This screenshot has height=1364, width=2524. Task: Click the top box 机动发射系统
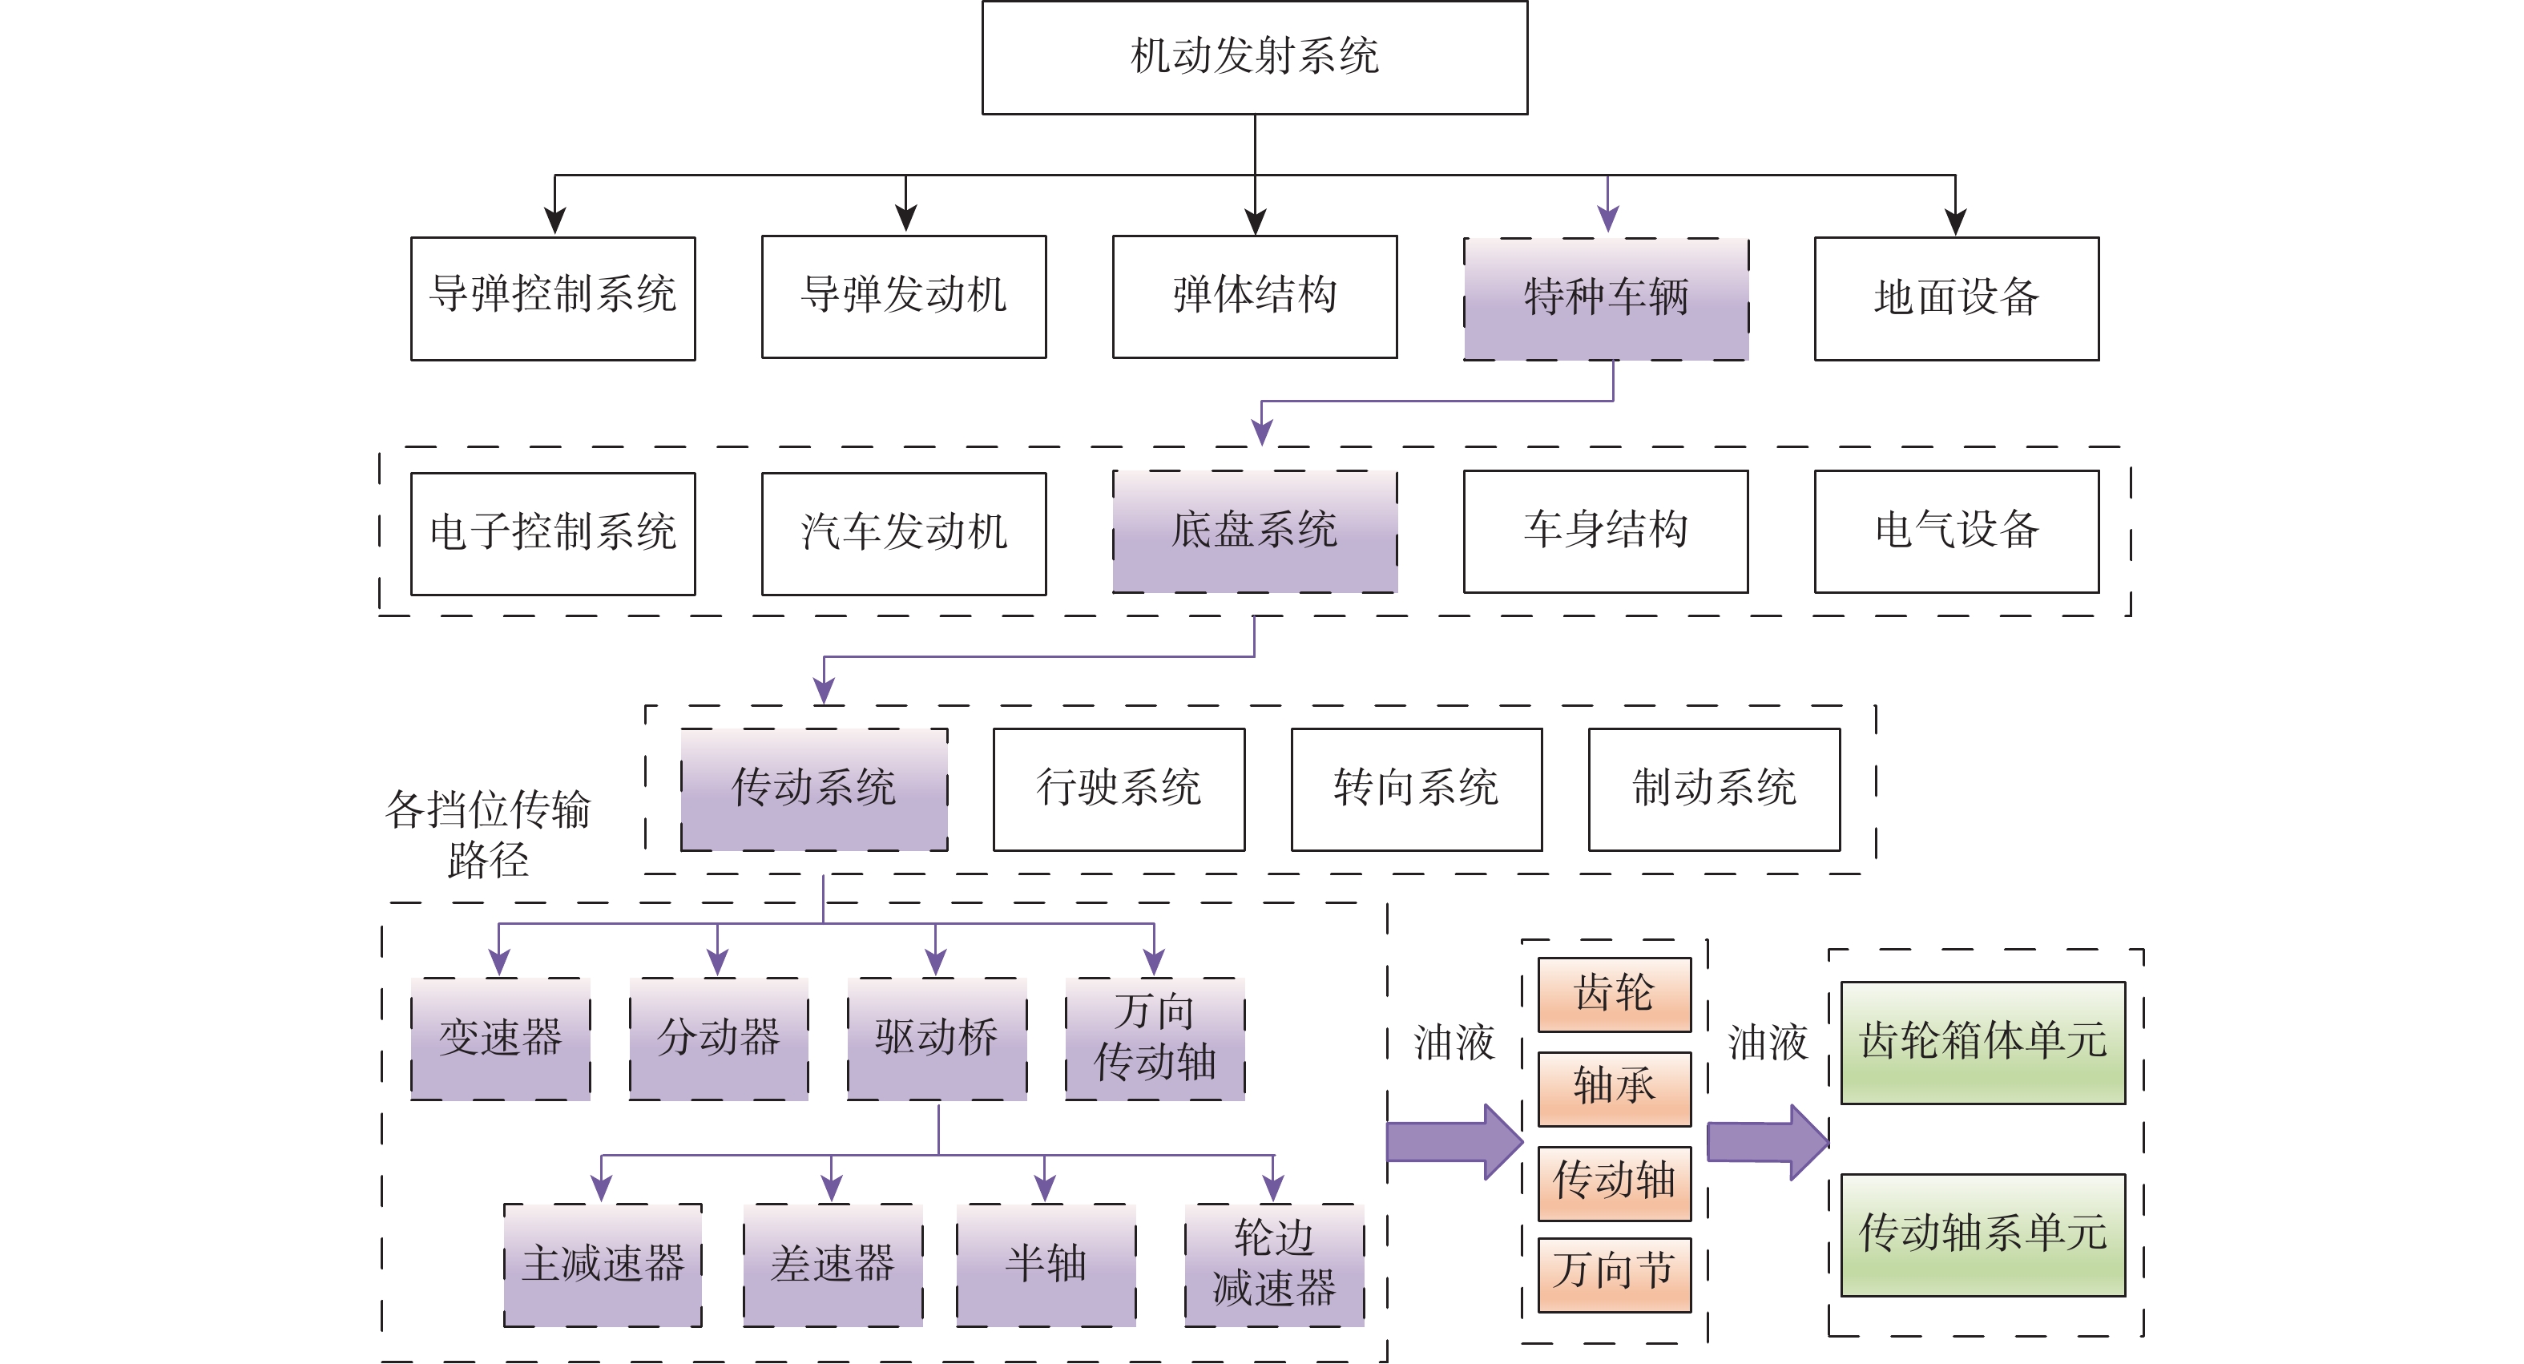pyautogui.click(x=1254, y=57)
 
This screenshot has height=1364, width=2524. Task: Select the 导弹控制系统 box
pyautogui.click(x=553, y=298)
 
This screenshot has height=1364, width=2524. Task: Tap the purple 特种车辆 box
pyautogui.click(x=1606, y=298)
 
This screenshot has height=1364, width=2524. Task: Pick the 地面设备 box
pyautogui.click(x=1956, y=298)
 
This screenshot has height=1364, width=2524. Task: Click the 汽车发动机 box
pyautogui.click(x=903, y=533)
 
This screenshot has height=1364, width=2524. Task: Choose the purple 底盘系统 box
pyautogui.click(x=1254, y=531)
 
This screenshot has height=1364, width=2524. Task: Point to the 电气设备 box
pyautogui.click(x=1956, y=531)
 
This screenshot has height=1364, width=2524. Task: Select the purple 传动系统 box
pyautogui.click(x=813, y=789)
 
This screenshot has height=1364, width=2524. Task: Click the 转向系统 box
pyautogui.click(x=1416, y=789)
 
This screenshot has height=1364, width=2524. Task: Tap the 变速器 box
pyautogui.click(x=500, y=1039)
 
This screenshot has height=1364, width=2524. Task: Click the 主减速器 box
pyautogui.click(x=603, y=1264)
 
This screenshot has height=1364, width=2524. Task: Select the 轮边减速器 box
pyautogui.click(x=1274, y=1264)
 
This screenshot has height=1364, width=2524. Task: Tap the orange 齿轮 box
pyautogui.click(x=1614, y=994)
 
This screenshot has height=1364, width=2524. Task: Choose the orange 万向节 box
pyautogui.click(x=1614, y=1274)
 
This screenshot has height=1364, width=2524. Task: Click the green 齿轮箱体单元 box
pyautogui.click(x=1982, y=1043)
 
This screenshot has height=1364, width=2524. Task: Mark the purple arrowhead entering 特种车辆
pyautogui.click(x=1607, y=220)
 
